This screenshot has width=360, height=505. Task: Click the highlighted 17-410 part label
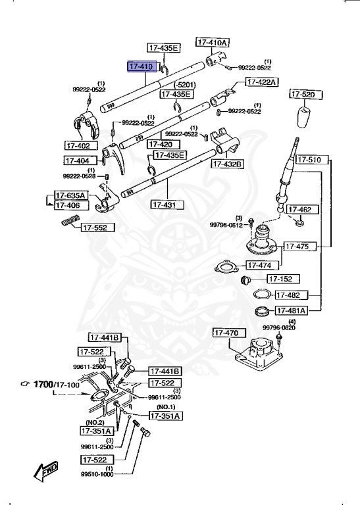pos(141,67)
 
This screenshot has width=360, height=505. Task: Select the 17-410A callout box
pos(213,42)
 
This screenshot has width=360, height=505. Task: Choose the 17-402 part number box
pos(81,145)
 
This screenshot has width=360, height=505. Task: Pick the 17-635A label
pos(71,195)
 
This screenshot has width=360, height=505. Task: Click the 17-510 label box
pos(310,159)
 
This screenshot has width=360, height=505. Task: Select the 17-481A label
pos(292,310)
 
